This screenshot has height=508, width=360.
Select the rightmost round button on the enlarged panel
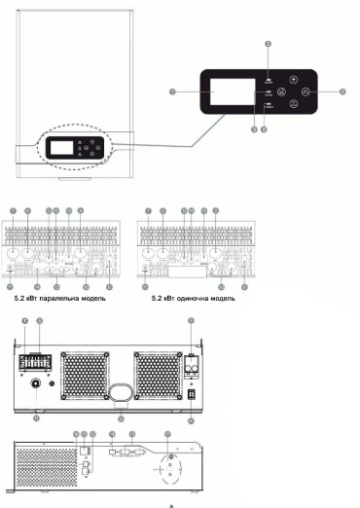pos(306,93)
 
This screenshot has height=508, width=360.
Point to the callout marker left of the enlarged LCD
pos(171,91)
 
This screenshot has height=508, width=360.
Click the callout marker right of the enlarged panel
pos(342,91)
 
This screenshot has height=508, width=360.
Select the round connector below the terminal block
pos(37,385)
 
